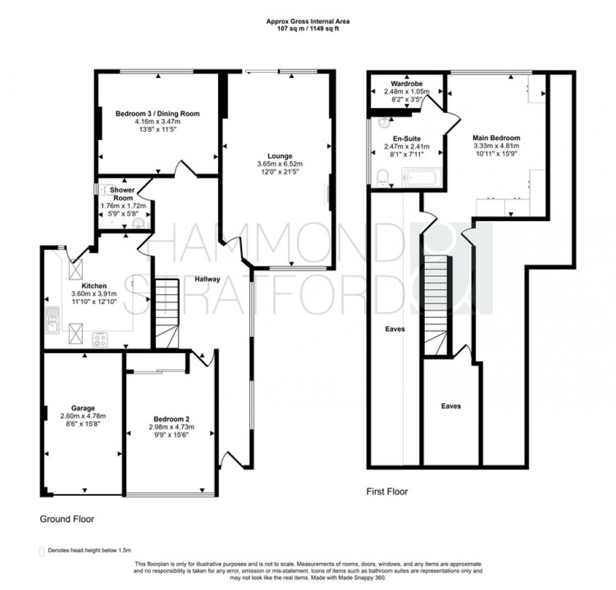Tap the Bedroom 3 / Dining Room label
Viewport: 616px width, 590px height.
(157, 114)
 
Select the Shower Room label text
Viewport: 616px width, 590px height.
(123, 194)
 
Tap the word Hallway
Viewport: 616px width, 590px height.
(207, 280)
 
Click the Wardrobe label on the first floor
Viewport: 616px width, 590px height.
(405, 83)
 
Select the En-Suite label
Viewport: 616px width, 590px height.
(406, 138)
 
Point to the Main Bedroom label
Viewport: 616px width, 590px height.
(497, 138)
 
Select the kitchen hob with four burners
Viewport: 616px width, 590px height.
(100, 339)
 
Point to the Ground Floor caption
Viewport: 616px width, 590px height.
(67, 520)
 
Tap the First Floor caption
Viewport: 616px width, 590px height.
(387, 491)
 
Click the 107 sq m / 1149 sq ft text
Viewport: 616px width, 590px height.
(307, 28)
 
